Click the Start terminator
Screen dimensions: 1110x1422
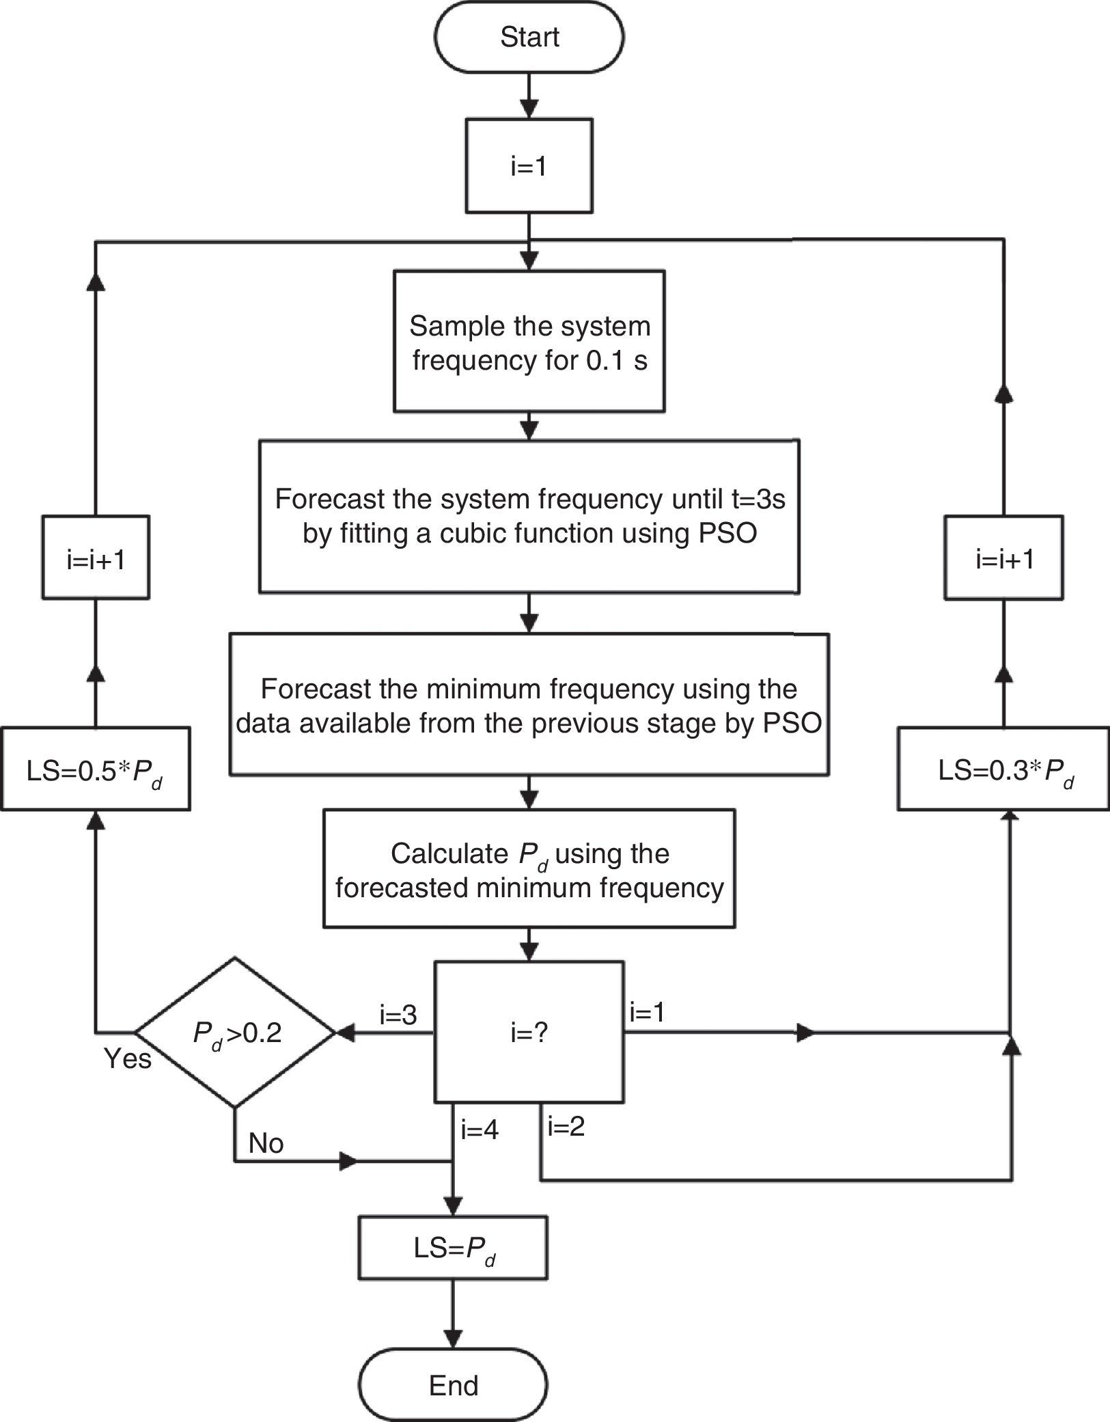(529, 36)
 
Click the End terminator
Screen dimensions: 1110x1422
(453, 1386)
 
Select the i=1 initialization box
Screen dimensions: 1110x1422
(529, 165)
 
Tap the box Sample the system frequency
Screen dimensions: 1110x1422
(529, 341)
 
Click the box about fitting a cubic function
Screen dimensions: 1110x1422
(529, 516)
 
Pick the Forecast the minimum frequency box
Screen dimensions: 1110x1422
(529, 705)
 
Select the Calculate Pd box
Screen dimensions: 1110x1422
(529, 869)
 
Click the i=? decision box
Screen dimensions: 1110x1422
(529, 1032)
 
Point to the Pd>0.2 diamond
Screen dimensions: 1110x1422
(236, 1033)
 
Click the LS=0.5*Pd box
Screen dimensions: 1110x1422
(95, 769)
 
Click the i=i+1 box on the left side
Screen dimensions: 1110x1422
(96, 558)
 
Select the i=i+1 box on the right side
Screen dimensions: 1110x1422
(1003, 558)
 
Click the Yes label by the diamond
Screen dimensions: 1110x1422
(128, 1058)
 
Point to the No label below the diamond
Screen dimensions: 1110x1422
(266, 1143)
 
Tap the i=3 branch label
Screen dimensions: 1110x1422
(398, 1015)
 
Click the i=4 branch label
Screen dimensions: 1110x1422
(480, 1130)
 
